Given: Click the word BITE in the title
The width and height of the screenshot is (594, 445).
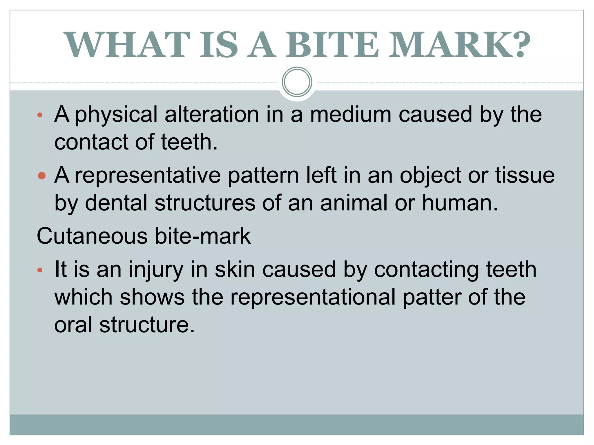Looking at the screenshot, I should click(332, 45).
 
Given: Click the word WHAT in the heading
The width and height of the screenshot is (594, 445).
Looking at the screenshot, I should click(126, 45).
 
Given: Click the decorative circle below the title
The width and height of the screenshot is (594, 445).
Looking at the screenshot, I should click(297, 82).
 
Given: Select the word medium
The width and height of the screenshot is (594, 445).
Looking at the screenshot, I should click(351, 114).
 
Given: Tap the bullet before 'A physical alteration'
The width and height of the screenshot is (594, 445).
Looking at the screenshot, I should click(40, 115).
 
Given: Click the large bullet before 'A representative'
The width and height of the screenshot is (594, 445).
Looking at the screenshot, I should click(42, 176).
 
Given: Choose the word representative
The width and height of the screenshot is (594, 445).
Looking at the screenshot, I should click(148, 176).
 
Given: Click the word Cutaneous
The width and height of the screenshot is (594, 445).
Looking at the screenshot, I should click(92, 236).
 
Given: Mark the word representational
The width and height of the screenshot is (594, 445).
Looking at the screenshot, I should click(313, 297).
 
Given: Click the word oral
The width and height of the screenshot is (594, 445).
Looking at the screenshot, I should click(73, 324).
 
